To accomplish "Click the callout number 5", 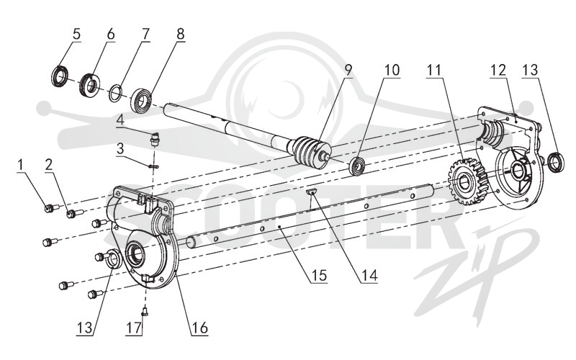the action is coord(76,34).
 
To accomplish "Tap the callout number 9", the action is coord(348,69).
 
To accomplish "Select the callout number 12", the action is coord(498,70).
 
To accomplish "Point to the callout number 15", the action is coord(319,275).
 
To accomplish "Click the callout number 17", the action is coord(134,328).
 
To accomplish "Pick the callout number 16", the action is coord(199,328).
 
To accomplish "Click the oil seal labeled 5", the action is coord(59,76).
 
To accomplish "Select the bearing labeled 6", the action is coord(89,86).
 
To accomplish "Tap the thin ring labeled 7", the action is coord(116,93).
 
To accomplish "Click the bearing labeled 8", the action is coord(141,100).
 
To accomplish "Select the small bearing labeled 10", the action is coord(357,166).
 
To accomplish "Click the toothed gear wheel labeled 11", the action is coord(468,182).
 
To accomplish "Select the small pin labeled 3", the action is coord(154,166).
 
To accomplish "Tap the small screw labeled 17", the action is coord(145,312).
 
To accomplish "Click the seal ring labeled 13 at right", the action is coord(556,163).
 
